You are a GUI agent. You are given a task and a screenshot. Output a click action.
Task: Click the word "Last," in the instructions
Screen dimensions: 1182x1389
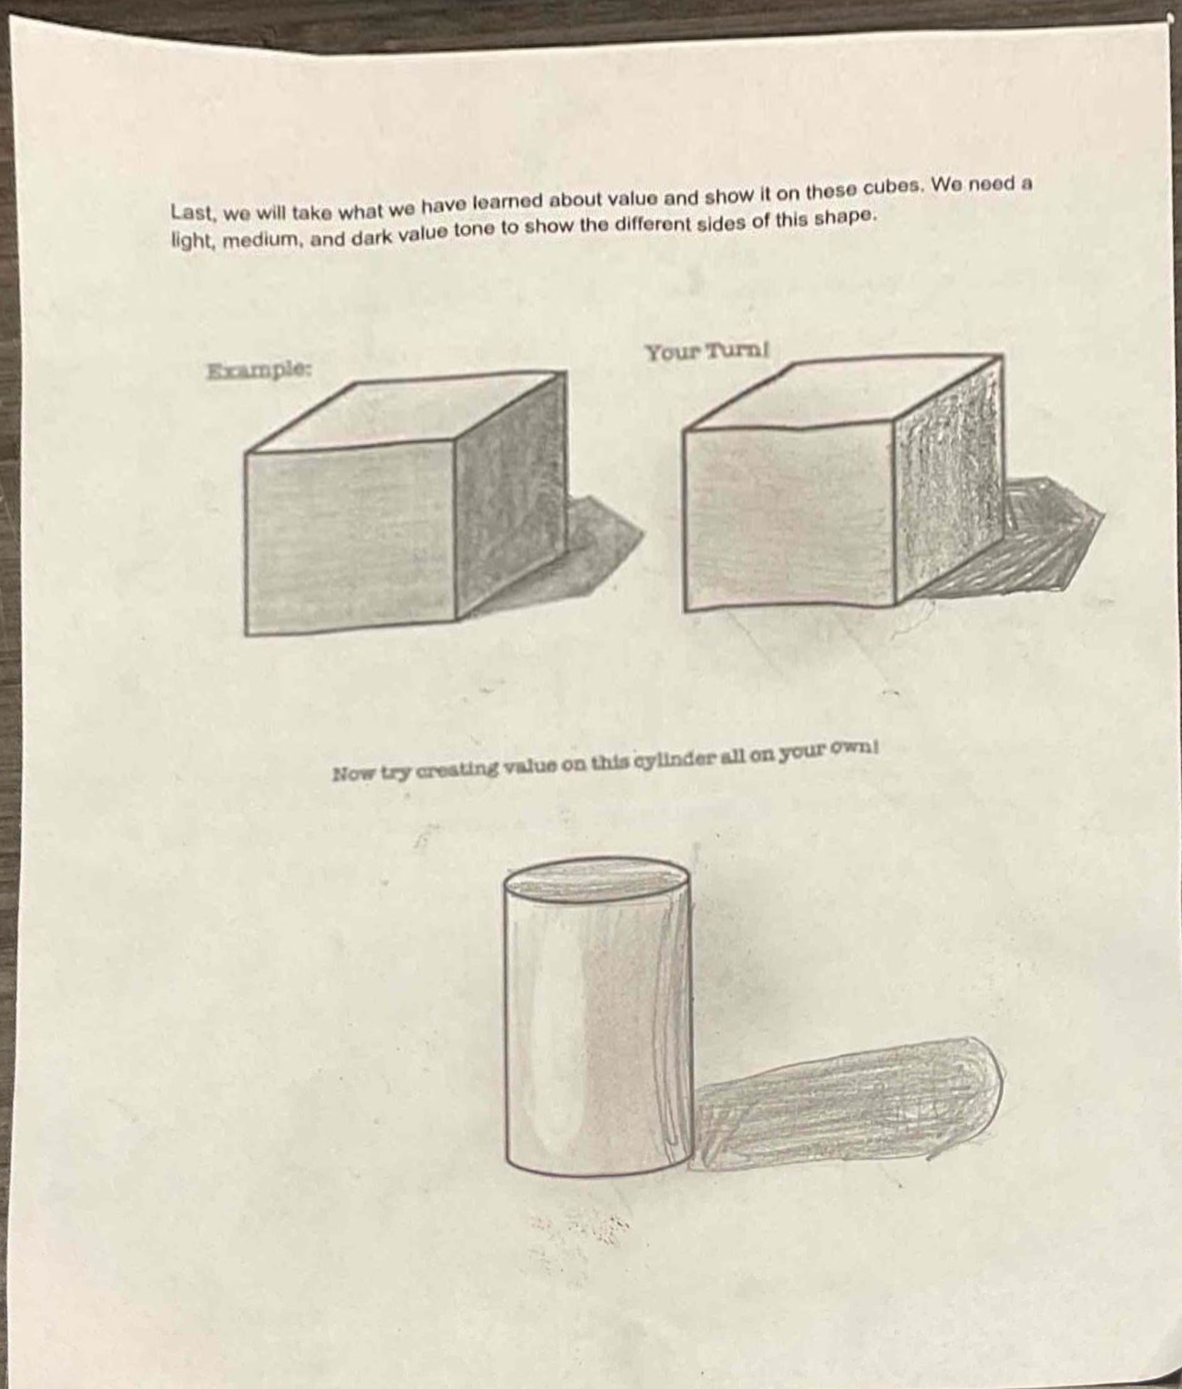coord(193,213)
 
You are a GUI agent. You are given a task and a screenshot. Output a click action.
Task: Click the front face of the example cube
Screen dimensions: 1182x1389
coord(350,538)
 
